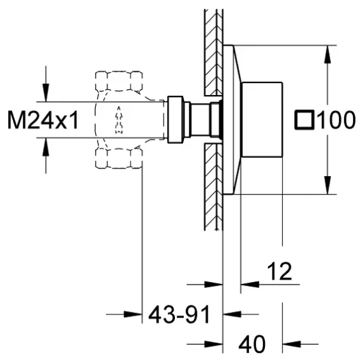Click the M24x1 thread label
[x=43, y=120]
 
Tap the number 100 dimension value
[x=337, y=119]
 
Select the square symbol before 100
[x=304, y=119]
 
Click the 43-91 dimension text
[x=179, y=314]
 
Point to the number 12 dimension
[x=280, y=271]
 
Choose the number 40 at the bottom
[x=252, y=344]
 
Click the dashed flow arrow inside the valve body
[x=119, y=120]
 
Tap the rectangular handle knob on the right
[x=262, y=120]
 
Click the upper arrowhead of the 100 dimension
[x=328, y=55]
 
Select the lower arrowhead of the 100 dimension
[x=328, y=185]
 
